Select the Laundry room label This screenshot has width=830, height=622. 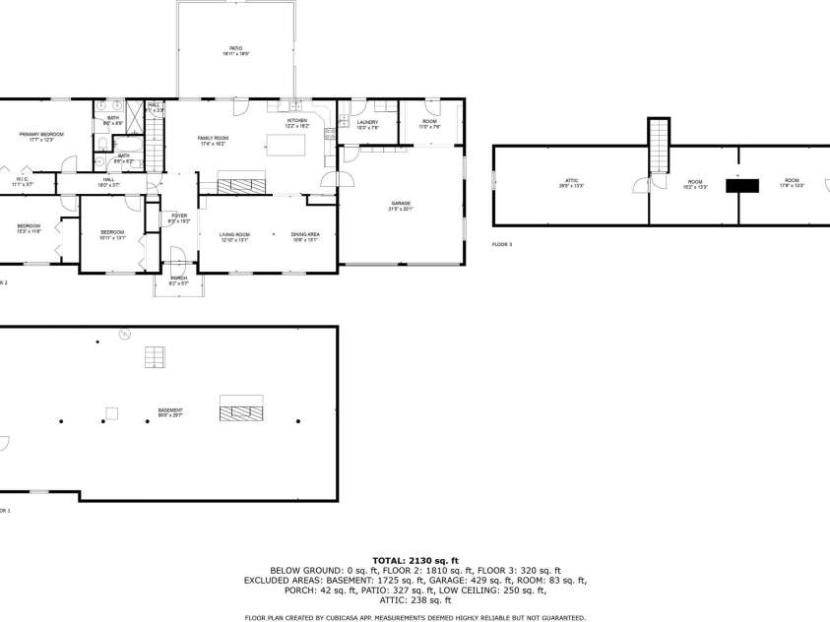[x=367, y=124]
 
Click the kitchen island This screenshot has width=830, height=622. [x=286, y=146]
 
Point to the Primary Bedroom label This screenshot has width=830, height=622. [x=46, y=136]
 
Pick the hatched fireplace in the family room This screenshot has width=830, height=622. [x=241, y=182]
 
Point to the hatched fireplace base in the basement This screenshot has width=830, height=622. [x=241, y=407]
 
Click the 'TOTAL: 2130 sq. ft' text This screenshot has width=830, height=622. [x=415, y=559]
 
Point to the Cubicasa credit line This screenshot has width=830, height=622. [x=415, y=617]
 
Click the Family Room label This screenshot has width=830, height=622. [x=212, y=141]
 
